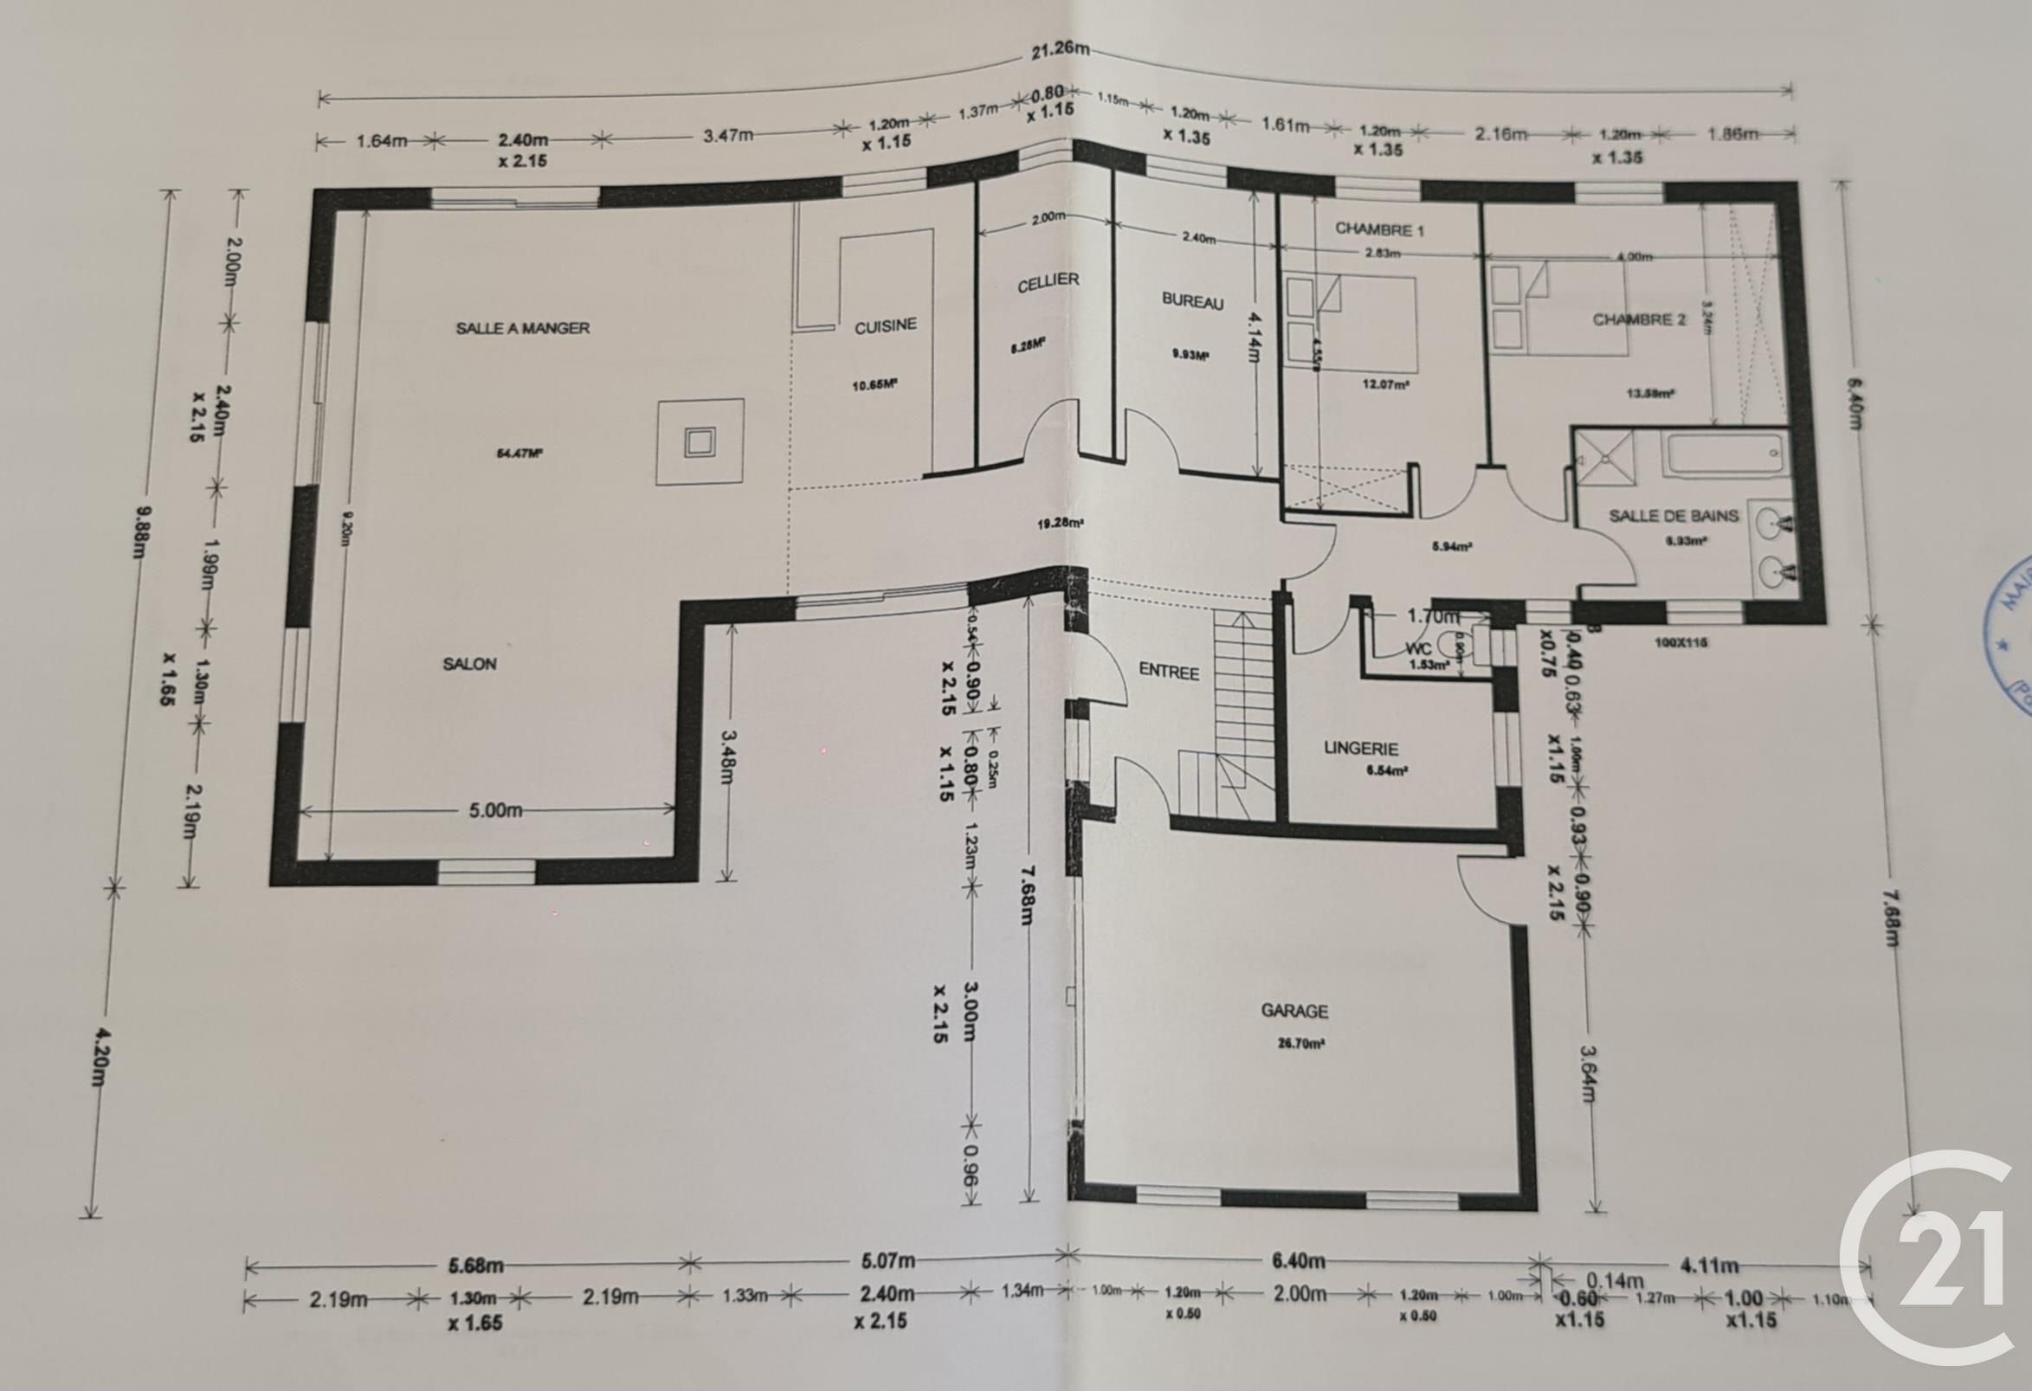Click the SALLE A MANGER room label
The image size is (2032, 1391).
click(x=522, y=328)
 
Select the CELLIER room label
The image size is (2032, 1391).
click(x=1048, y=282)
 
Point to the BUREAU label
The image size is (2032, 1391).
click(x=1191, y=300)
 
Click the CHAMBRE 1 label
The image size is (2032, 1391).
click(x=1380, y=230)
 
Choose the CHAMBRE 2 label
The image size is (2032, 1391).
click(x=1639, y=319)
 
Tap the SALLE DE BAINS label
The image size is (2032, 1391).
click(x=1674, y=516)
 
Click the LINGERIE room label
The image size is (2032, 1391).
click(x=1360, y=749)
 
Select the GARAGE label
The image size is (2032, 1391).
click(x=1294, y=1011)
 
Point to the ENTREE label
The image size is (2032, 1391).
click(x=1168, y=671)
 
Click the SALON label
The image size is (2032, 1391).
click(x=469, y=664)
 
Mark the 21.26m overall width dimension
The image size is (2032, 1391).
click(x=1055, y=50)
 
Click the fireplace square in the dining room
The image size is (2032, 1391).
click(x=700, y=441)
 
